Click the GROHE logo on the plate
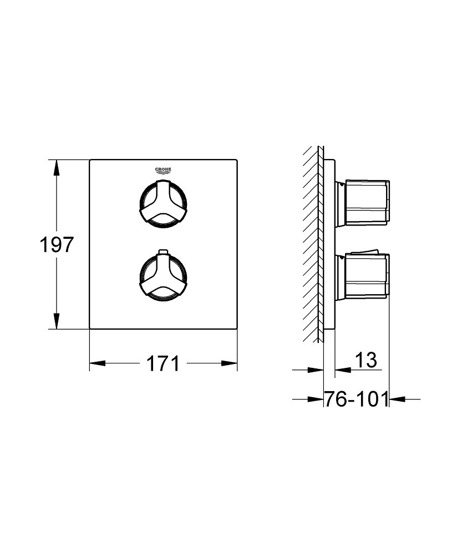[x=163, y=170]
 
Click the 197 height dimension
[x=57, y=244]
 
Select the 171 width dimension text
[x=163, y=363]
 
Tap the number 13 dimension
[x=366, y=360]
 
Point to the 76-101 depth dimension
[x=356, y=399]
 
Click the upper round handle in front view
[x=163, y=204]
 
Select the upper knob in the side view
[x=362, y=203]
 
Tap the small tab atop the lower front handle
[x=163, y=252]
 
